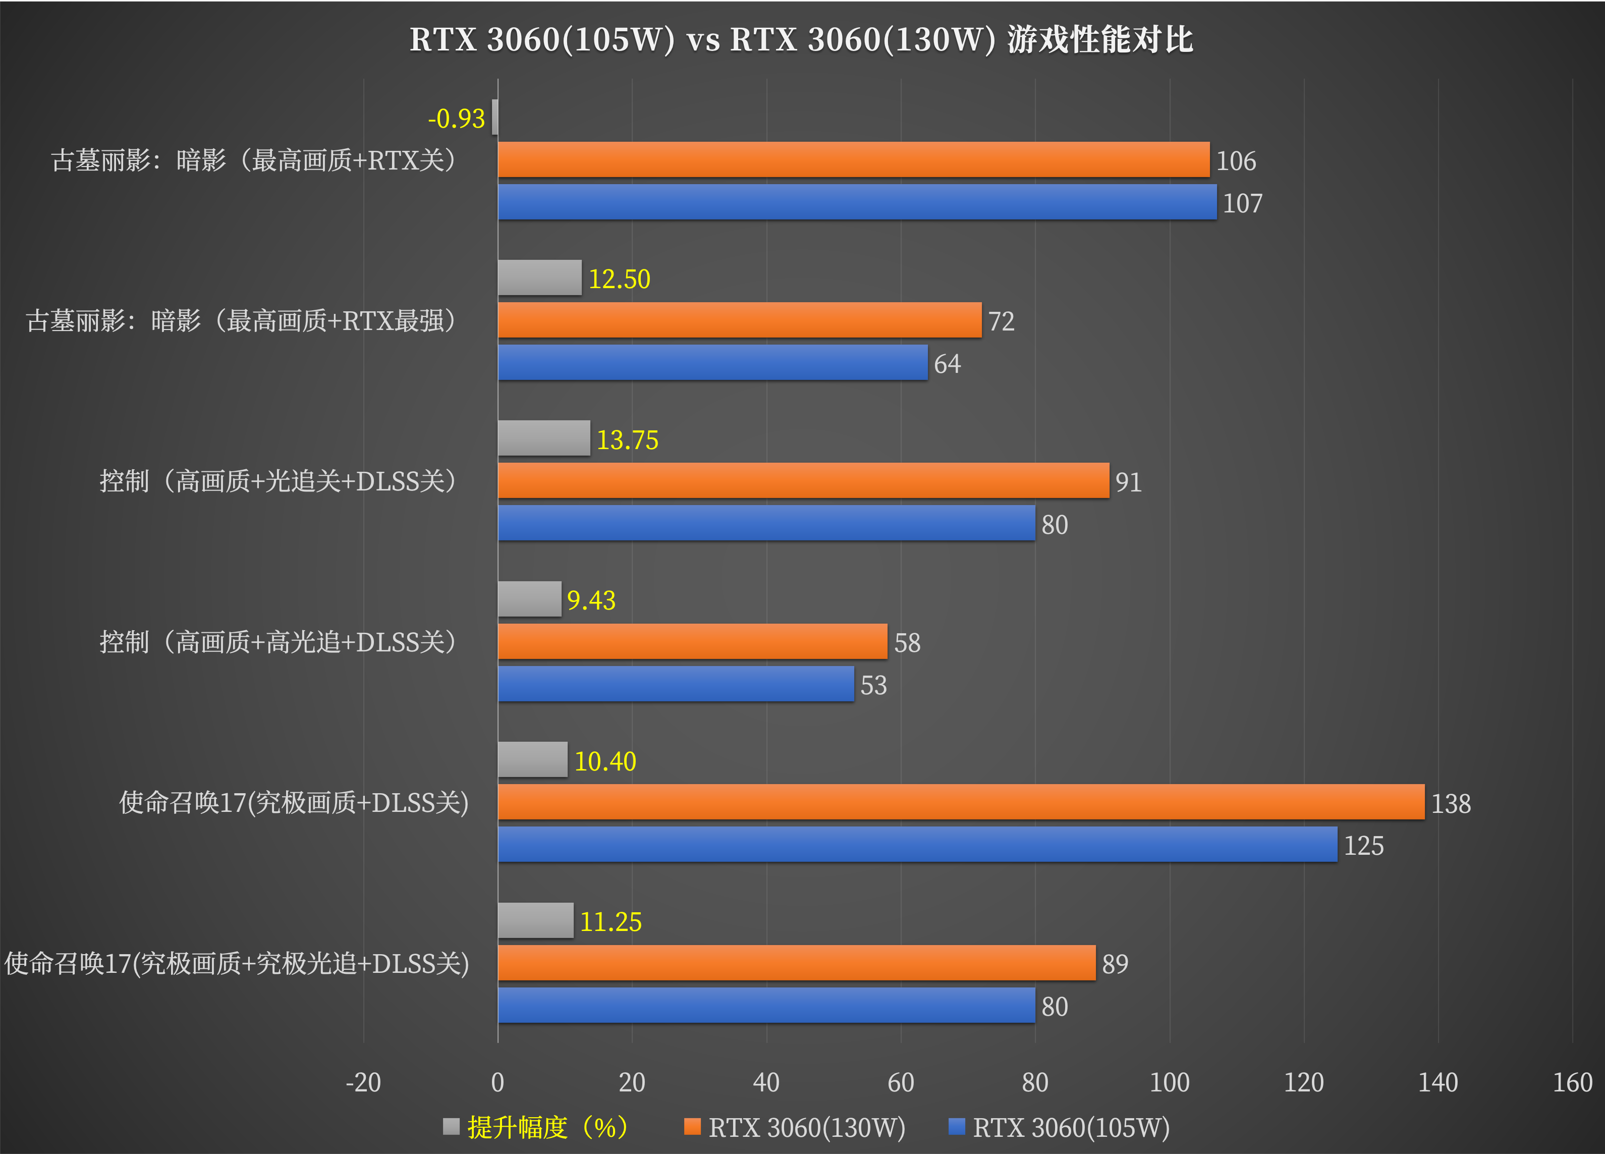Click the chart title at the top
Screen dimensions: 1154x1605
[x=802, y=40]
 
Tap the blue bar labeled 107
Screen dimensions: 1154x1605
[x=857, y=202]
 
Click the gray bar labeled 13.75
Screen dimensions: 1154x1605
[x=543, y=438]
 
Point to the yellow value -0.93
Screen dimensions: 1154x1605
[x=457, y=118]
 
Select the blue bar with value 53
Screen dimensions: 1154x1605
[x=676, y=684]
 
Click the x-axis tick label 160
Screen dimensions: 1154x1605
[x=1572, y=1082]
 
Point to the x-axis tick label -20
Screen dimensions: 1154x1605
[x=363, y=1082]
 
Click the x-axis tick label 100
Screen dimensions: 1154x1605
[x=1169, y=1082]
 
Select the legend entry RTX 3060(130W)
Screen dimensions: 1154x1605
[x=806, y=1127]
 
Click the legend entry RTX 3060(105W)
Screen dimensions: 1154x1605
[x=1071, y=1127]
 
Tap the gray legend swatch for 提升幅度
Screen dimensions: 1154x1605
[x=451, y=1126]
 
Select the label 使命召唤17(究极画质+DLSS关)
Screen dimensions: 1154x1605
[x=294, y=802]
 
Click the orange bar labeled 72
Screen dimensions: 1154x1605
[x=740, y=320]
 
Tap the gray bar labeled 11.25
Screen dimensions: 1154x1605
[x=536, y=920]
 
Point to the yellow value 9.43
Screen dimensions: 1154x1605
[x=591, y=600]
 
